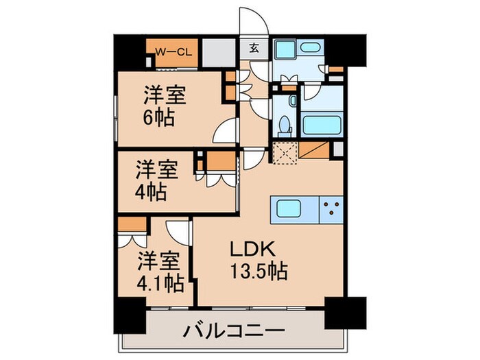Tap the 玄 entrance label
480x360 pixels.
(254, 48)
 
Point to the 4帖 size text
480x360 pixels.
(151, 191)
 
